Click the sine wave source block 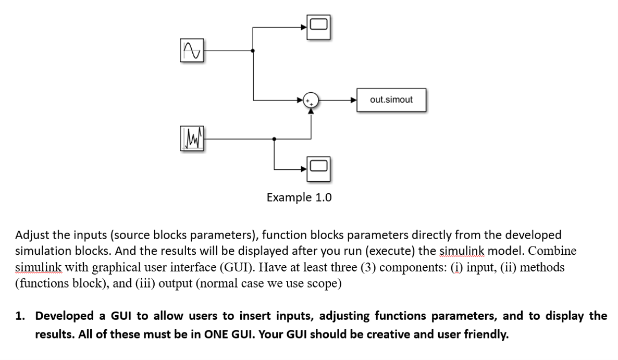click(x=192, y=51)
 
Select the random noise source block click(x=192, y=139)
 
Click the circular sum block click(x=311, y=100)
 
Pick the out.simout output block click(x=391, y=100)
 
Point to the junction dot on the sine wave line click(x=253, y=51)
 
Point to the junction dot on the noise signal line click(x=275, y=139)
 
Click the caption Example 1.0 click(x=299, y=198)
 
